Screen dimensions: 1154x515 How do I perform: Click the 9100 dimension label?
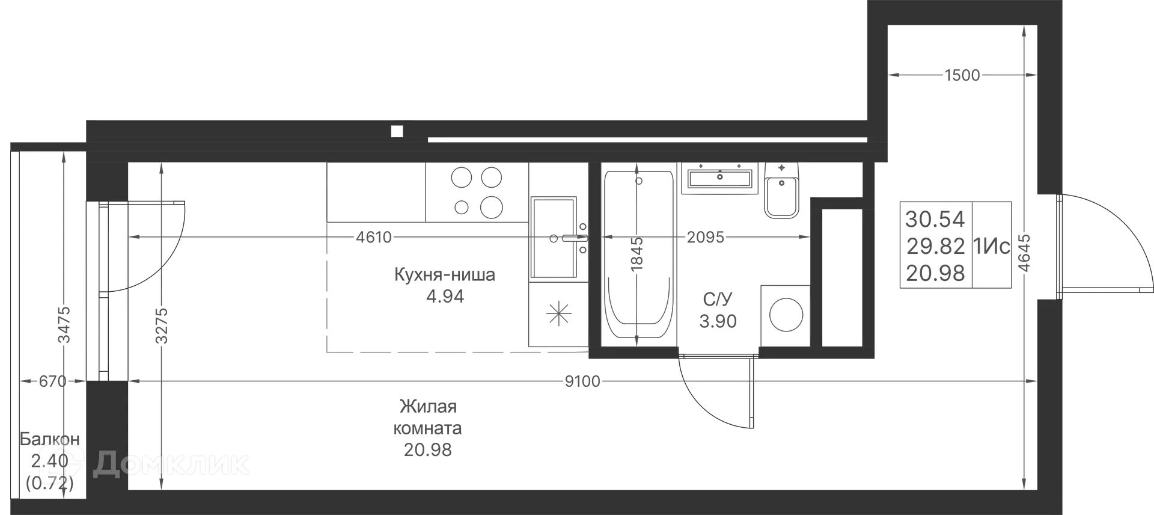tap(582, 381)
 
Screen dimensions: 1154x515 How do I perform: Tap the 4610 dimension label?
tap(374, 238)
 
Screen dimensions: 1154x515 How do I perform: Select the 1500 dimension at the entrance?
tap(962, 75)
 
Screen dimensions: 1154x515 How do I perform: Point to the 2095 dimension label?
tap(706, 238)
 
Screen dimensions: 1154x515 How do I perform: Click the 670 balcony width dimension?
tap(52, 381)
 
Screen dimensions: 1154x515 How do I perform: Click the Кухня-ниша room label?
tap(445, 275)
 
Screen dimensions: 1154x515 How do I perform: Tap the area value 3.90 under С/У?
tap(718, 321)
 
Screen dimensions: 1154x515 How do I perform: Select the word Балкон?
tap(50, 439)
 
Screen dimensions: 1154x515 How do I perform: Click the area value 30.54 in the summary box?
tap(935, 220)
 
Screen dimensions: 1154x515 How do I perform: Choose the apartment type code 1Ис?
tap(992, 246)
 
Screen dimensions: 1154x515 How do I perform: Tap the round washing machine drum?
tap(786, 315)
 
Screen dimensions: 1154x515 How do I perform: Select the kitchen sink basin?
tap(554, 238)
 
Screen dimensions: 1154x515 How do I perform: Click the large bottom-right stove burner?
tap(491, 208)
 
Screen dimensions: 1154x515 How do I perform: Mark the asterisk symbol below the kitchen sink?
tap(558, 314)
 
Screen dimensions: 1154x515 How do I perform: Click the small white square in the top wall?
tap(397, 132)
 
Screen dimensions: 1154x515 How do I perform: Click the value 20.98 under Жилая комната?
tap(427, 450)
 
